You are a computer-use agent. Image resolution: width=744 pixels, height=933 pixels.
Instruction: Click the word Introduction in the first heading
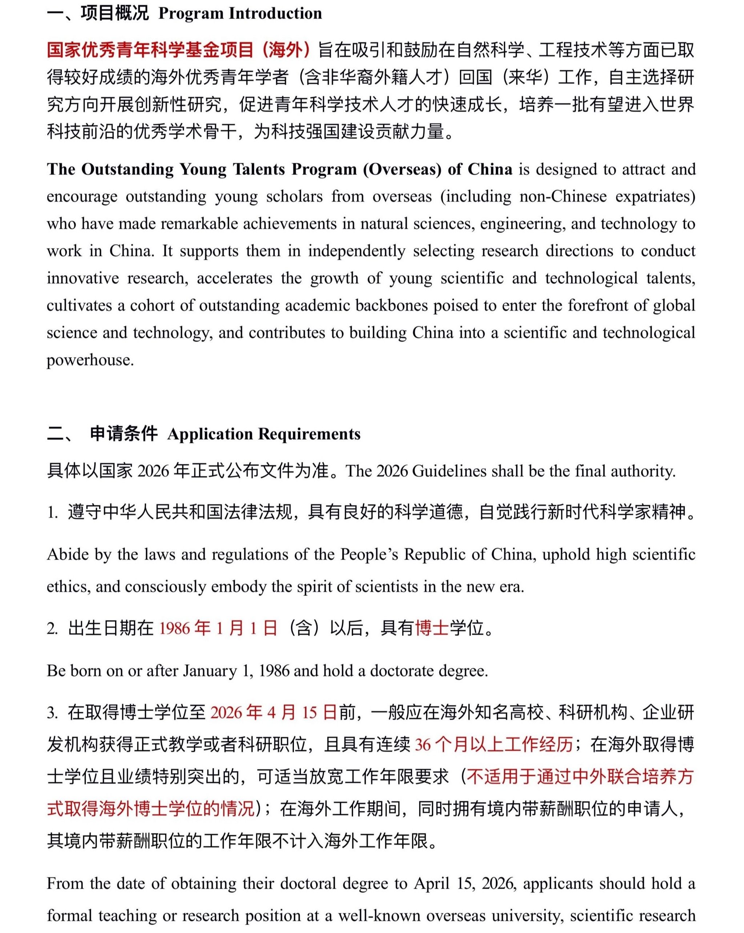click(x=275, y=13)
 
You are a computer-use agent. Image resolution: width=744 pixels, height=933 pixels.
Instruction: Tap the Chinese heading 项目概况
click(x=114, y=13)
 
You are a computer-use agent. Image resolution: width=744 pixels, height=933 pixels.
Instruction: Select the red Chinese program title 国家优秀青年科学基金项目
click(x=150, y=50)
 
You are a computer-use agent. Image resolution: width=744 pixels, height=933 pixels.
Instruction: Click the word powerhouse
click(x=90, y=360)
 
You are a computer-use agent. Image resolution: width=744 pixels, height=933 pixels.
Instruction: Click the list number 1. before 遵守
click(x=52, y=512)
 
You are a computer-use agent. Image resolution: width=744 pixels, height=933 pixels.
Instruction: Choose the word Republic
click(x=432, y=554)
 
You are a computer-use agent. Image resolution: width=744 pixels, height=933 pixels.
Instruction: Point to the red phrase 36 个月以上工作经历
click(x=493, y=744)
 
